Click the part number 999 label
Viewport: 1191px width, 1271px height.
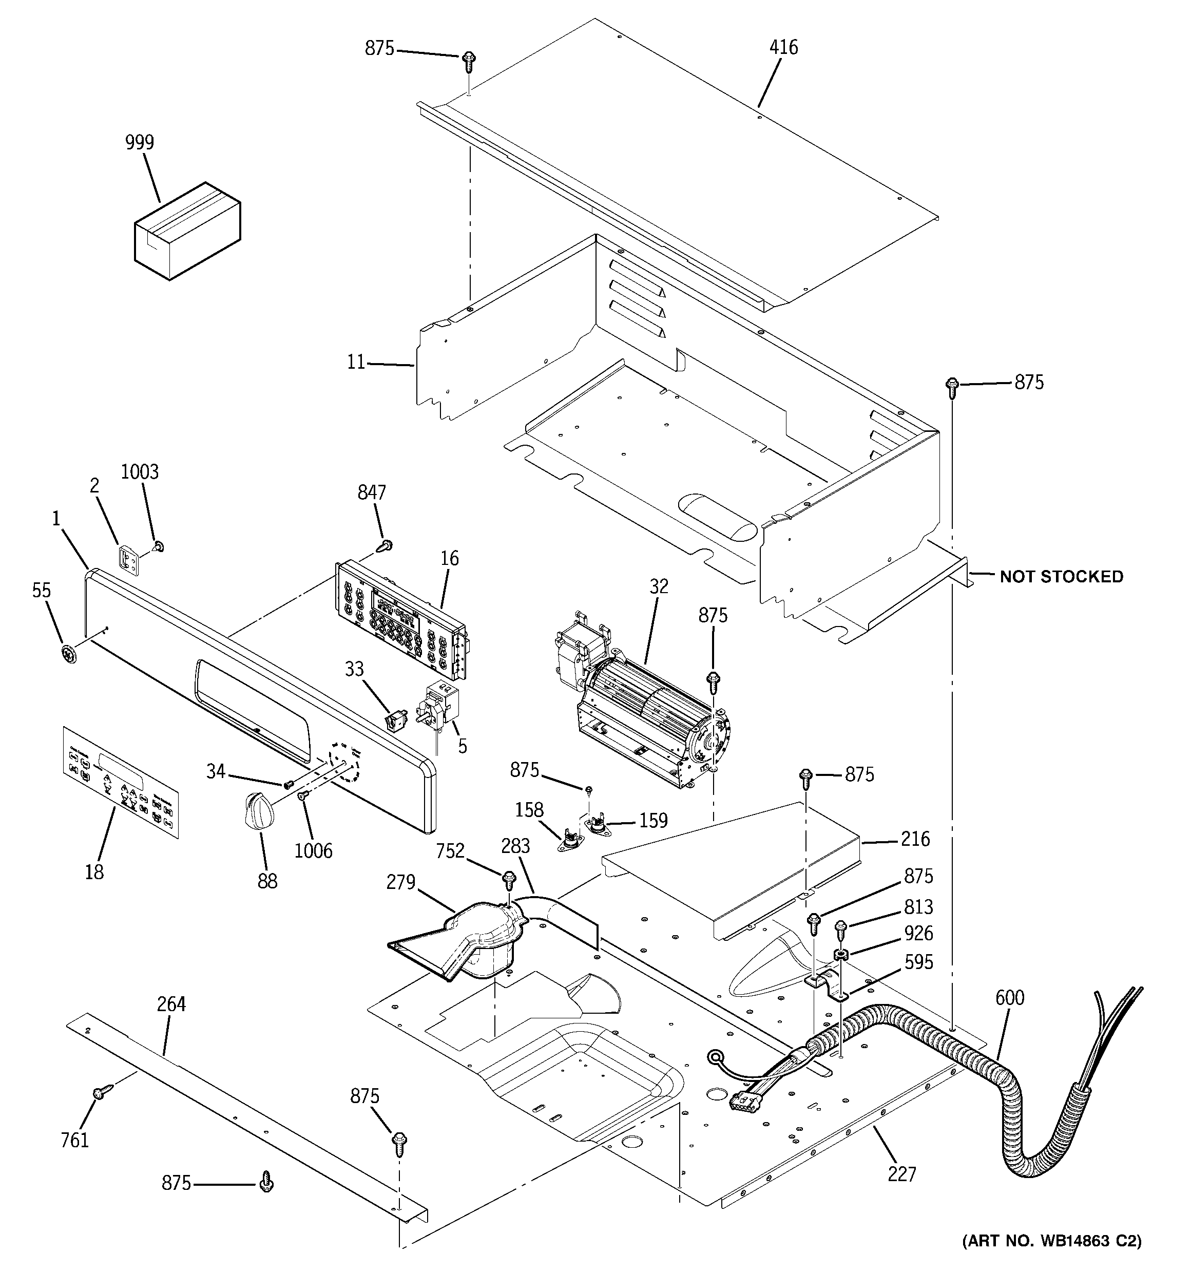click(139, 142)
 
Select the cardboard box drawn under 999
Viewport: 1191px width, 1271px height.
click(187, 232)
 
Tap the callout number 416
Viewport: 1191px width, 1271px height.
click(783, 47)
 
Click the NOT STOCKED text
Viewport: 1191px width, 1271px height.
click(1061, 577)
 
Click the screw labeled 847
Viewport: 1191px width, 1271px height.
click(386, 545)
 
